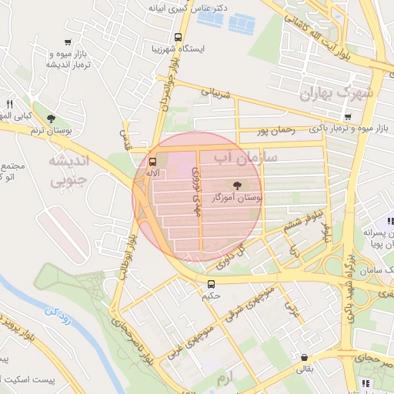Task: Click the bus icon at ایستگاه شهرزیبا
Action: coord(179,36)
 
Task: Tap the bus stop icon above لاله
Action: coord(152,162)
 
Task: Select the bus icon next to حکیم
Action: coord(212,284)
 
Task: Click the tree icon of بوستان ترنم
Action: coord(51,119)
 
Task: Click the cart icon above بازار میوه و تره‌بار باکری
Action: coord(348,117)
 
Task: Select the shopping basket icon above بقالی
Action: coord(306,358)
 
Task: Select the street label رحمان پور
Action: coord(276,131)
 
